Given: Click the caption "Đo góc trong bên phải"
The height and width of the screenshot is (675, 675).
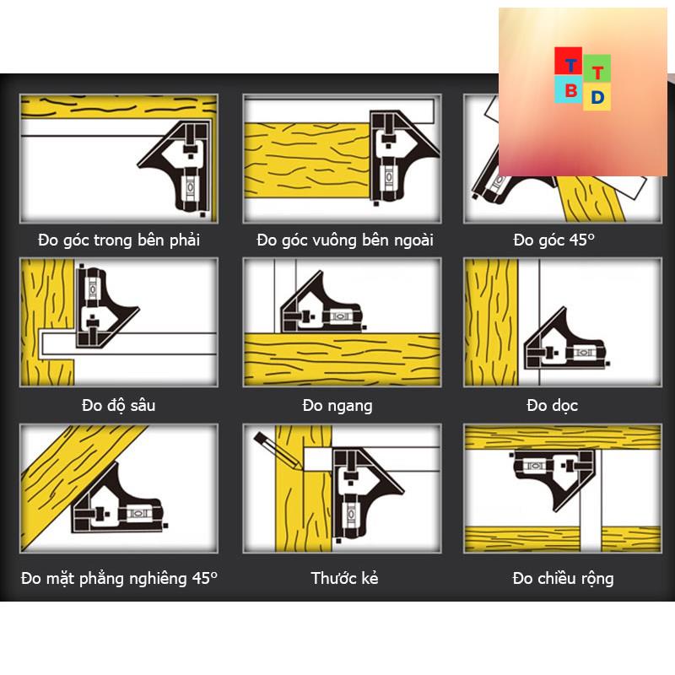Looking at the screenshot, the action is (x=119, y=240).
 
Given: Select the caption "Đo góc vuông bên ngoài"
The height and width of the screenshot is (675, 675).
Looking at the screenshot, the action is (x=345, y=240).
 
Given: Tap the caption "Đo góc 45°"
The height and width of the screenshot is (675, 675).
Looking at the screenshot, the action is (x=554, y=240).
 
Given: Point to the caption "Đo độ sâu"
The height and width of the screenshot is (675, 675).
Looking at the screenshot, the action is (x=119, y=406).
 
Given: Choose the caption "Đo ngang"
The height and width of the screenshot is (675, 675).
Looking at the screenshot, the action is (x=337, y=406).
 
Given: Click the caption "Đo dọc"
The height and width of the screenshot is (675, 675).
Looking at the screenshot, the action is (x=553, y=406).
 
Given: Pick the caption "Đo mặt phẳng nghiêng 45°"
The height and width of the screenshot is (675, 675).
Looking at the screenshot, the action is (x=119, y=578).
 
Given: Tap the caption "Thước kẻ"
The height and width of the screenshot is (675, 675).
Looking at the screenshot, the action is (x=344, y=578).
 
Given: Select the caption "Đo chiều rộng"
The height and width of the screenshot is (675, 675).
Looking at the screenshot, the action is (x=563, y=578).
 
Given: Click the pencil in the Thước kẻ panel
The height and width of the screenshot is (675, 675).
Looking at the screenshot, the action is (x=278, y=451).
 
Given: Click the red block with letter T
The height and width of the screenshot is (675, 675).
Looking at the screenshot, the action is (x=568, y=61).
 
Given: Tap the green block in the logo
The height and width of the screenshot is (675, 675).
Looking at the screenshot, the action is (x=597, y=69).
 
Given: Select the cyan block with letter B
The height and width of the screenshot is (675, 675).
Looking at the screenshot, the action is (x=569, y=89).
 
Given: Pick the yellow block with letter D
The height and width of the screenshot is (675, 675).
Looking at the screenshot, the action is (x=597, y=97).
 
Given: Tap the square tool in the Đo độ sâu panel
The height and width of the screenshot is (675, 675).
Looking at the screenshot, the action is (x=101, y=306).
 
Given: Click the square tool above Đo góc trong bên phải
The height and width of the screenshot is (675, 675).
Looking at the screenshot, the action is (x=176, y=168).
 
